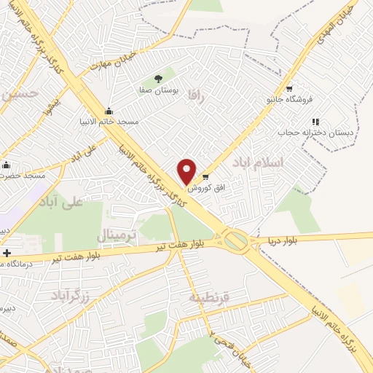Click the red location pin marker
pyautogui.click(x=187, y=171)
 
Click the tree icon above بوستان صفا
pyautogui.click(x=158, y=79)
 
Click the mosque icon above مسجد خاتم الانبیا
pyautogui.click(x=109, y=111)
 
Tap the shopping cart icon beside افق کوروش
pyautogui.click(x=205, y=177)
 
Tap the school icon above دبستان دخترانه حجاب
pyautogui.click(x=315, y=122)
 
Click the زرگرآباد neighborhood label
pyautogui.click(x=69, y=294)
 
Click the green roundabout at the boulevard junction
pyautogui.click(x=235, y=240)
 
